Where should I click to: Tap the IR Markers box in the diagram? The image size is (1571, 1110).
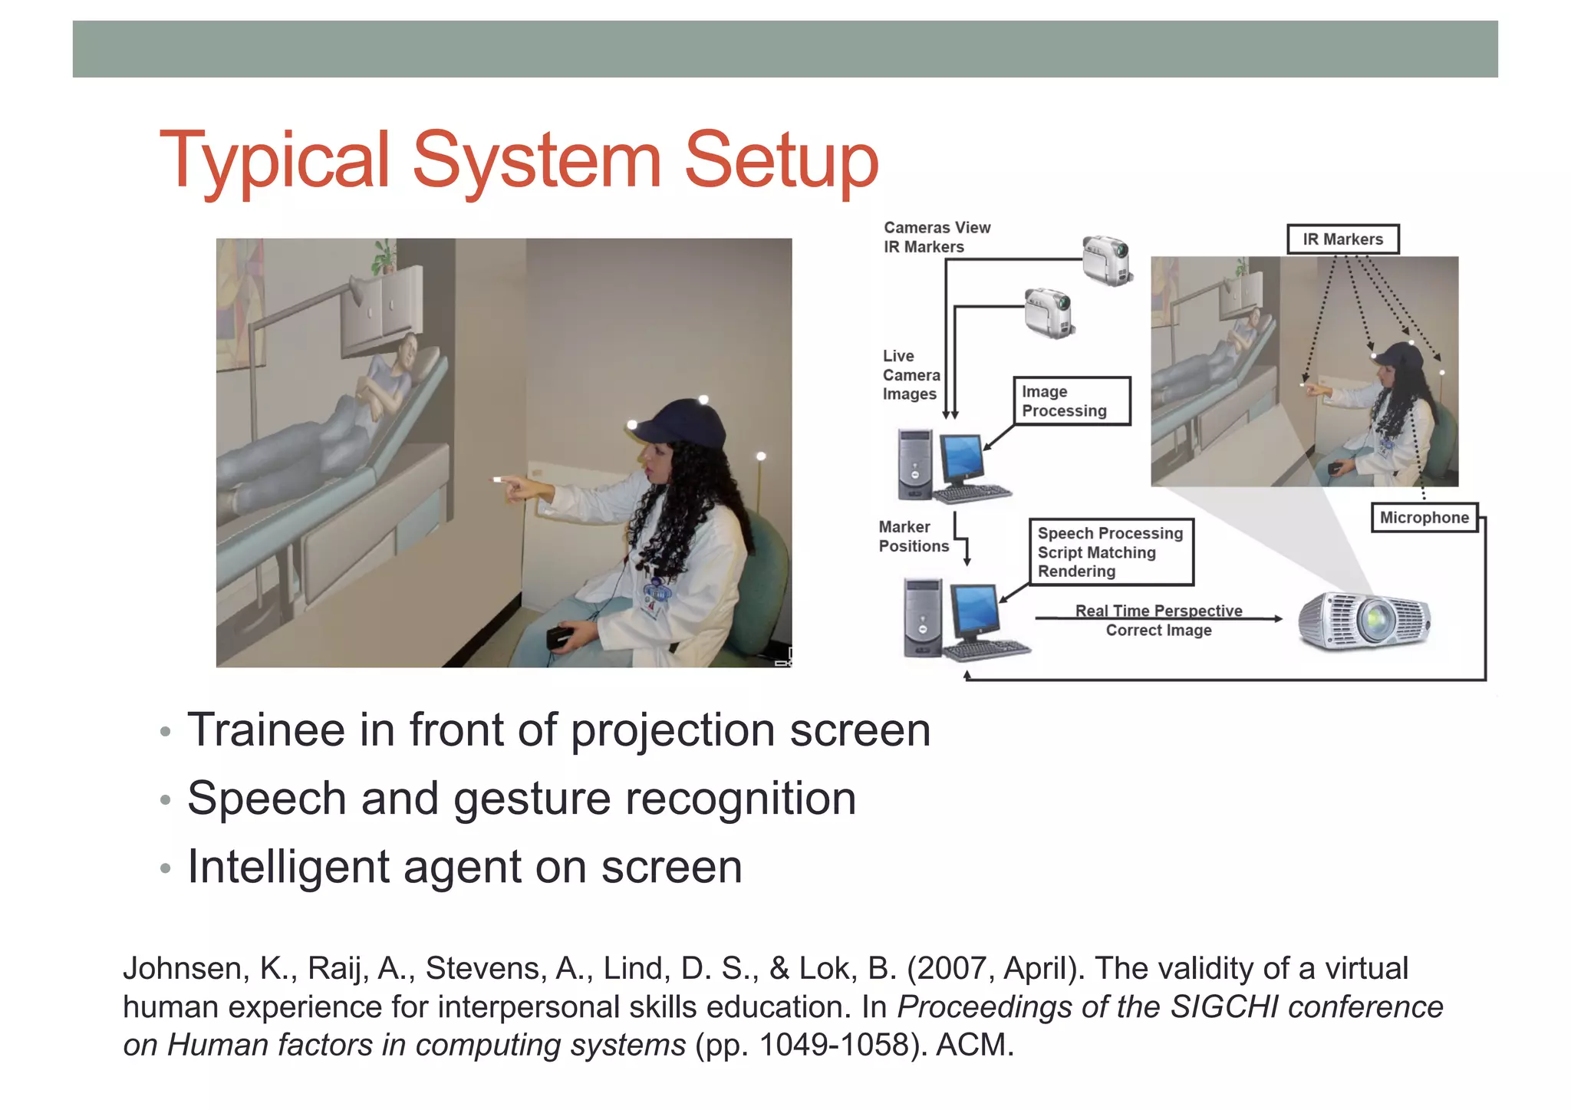point(1342,239)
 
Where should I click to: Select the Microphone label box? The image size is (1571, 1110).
point(1424,518)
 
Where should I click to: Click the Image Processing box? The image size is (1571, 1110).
point(1071,401)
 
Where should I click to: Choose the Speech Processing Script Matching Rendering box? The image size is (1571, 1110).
point(1110,552)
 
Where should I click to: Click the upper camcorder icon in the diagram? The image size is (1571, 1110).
point(1107,261)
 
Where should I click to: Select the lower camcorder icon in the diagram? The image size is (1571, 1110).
point(1049,313)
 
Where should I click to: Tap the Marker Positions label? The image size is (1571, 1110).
point(913,537)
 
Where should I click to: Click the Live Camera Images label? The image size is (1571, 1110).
point(911,375)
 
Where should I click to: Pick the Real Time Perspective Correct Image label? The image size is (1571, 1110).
point(1158,621)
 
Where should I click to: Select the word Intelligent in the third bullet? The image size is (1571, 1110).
point(288,868)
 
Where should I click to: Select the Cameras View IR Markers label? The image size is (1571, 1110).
point(936,237)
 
